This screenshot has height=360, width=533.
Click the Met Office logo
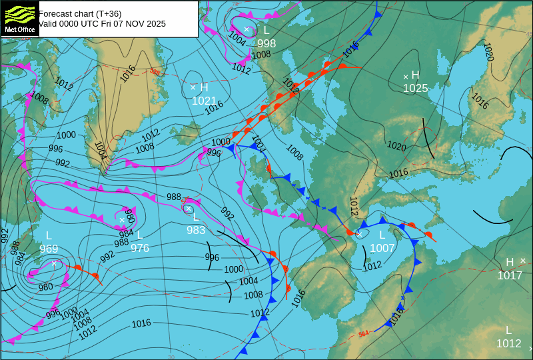19,18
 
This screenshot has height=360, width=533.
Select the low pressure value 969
49,249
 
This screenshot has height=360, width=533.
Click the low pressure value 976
140,248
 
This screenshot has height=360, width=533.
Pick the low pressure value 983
196,230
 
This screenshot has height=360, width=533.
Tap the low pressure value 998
266,43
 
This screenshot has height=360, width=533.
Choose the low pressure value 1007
382,248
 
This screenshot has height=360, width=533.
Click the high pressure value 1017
510,275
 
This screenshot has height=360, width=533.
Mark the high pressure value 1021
204,101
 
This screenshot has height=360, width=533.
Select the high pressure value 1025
415,88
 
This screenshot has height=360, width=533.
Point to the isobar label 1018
397,313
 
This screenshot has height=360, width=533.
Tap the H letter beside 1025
415,75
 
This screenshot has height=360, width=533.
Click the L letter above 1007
382,235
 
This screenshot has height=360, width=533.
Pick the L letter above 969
49,236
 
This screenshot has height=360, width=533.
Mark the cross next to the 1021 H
193,87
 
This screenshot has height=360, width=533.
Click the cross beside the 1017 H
523,261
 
